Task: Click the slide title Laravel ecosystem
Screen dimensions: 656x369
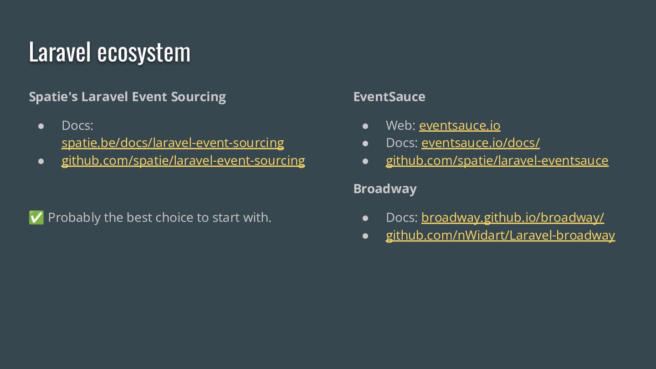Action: point(109,52)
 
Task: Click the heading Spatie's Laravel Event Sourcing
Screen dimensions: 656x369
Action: point(127,97)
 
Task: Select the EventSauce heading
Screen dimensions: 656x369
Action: point(389,97)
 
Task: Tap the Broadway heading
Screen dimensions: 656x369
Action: point(385,189)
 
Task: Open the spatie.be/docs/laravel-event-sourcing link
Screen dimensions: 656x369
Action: point(173,143)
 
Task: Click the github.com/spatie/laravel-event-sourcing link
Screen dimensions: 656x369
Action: point(183,161)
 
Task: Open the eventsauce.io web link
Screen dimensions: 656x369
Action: point(460,125)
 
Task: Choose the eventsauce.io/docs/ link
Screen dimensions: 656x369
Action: point(481,143)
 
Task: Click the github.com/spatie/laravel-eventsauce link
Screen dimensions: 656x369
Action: point(497,161)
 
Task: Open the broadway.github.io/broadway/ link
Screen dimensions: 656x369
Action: point(512,218)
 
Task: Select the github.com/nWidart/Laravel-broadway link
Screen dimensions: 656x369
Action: point(500,236)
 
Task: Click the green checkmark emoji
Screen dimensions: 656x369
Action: point(36,218)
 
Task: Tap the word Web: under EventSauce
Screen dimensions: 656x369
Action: point(400,125)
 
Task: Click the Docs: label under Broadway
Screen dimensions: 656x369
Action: point(402,218)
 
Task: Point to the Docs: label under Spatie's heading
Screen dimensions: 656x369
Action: point(77,125)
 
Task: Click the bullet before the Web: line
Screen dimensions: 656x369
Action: point(365,126)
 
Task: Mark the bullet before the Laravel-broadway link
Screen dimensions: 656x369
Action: point(365,236)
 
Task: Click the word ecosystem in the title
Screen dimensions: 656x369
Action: point(143,52)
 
